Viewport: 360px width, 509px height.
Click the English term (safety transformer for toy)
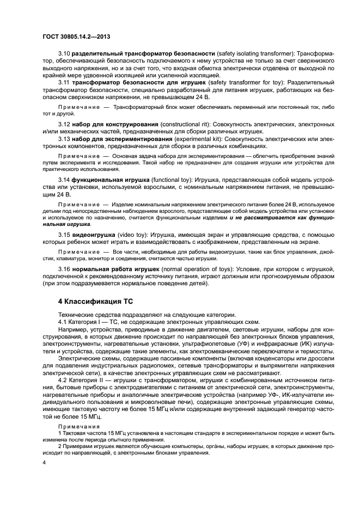click(x=239, y=81)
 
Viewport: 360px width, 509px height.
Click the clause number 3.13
click(x=65, y=139)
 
